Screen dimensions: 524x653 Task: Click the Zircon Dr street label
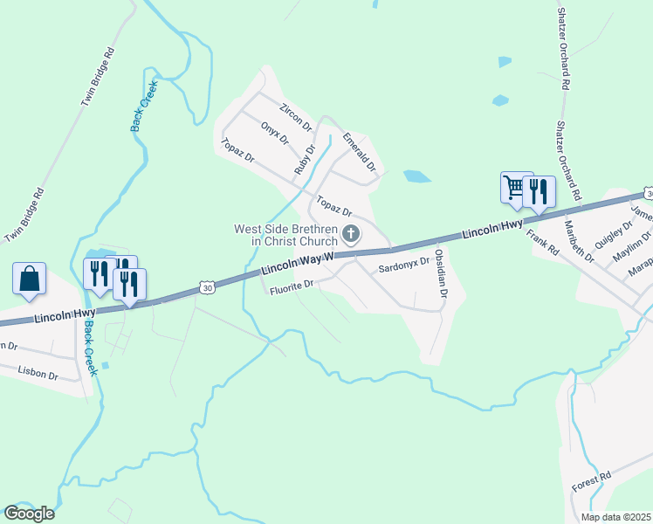pyautogui.click(x=295, y=117)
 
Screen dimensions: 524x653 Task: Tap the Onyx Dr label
pyautogui.click(x=274, y=133)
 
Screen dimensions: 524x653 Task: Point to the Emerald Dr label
pyautogui.click(x=359, y=151)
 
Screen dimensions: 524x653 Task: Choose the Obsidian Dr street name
pyautogui.click(x=441, y=276)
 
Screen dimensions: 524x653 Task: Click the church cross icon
pyautogui.click(x=351, y=233)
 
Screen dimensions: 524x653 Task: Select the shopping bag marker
pyautogui.click(x=30, y=279)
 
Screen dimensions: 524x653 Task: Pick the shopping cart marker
pyautogui.click(x=516, y=187)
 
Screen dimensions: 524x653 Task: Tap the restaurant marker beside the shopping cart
pyautogui.click(x=539, y=191)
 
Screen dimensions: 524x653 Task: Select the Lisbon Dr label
pyautogui.click(x=38, y=374)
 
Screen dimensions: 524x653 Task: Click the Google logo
pyautogui.click(x=29, y=514)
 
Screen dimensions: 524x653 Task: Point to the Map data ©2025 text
pyautogui.click(x=615, y=517)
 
